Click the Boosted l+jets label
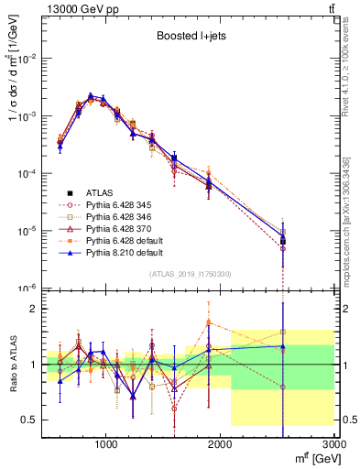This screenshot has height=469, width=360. (x=188, y=38)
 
